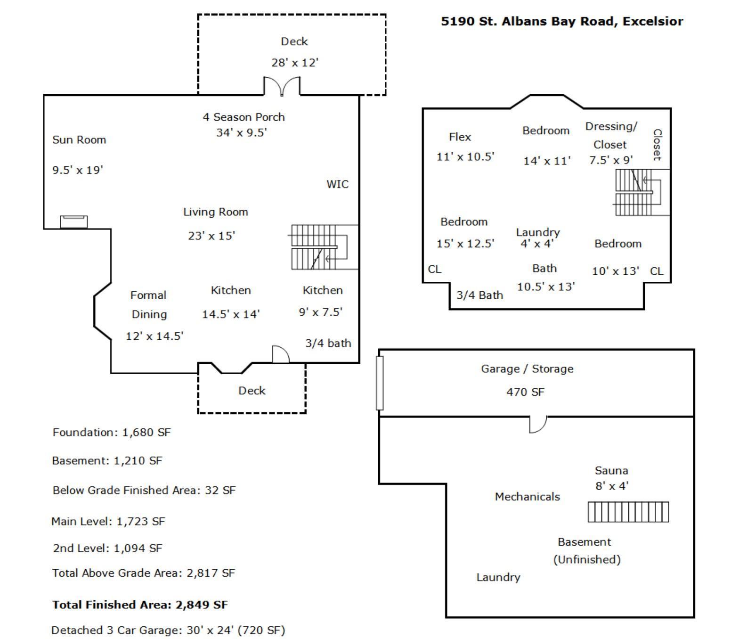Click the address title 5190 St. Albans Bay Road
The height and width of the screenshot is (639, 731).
click(561, 22)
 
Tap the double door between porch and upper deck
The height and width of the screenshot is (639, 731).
click(282, 87)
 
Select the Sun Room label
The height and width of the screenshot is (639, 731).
click(79, 140)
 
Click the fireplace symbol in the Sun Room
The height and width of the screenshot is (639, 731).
click(74, 221)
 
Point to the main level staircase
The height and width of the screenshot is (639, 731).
click(318, 247)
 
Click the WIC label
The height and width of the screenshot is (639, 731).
click(338, 184)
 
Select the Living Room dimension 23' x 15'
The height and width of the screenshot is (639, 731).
click(211, 236)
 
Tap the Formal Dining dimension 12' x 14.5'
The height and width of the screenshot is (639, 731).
click(154, 336)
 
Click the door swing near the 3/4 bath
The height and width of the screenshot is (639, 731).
click(281, 354)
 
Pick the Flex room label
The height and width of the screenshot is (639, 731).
click(460, 137)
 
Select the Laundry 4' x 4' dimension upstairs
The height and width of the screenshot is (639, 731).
click(537, 244)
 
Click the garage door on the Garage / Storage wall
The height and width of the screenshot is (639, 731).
click(380, 383)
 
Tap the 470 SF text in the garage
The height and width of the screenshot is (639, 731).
click(525, 392)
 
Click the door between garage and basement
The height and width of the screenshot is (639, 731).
click(538, 424)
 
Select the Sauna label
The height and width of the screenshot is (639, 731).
click(611, 471)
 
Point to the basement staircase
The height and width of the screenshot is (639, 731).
click(628, 512)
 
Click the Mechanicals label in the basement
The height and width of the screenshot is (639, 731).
click(527, 497)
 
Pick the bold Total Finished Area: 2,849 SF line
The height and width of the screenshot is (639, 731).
click(140, 605)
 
